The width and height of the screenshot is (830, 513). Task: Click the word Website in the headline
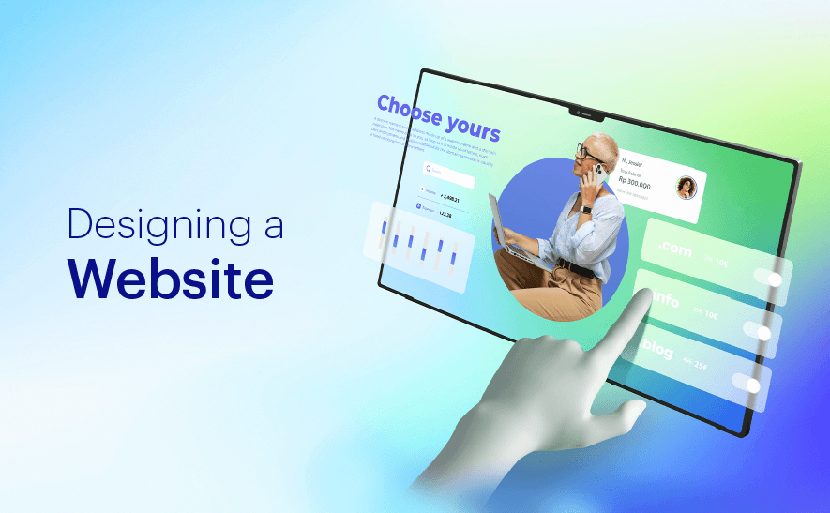pyautogui.click(x=171, y=278)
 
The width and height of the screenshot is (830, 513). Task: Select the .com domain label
pyautogui.click(x=674, y=249)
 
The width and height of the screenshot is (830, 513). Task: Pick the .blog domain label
pyautogui.click(x=658, y=351)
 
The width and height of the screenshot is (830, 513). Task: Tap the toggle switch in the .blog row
pyautogui.click(x=750, y=384)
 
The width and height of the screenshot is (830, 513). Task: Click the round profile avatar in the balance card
pyautogui.click(x=686, y=188)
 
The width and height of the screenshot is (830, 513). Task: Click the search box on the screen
pyautogui.click(x=448, y=172)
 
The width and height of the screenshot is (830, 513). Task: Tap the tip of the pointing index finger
pyautogui.click(x=646, y=295)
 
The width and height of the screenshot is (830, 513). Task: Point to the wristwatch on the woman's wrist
pyautogui.click(x=586, y=209)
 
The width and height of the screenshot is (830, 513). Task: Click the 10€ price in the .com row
pyautogui.click(x=720, y=263)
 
